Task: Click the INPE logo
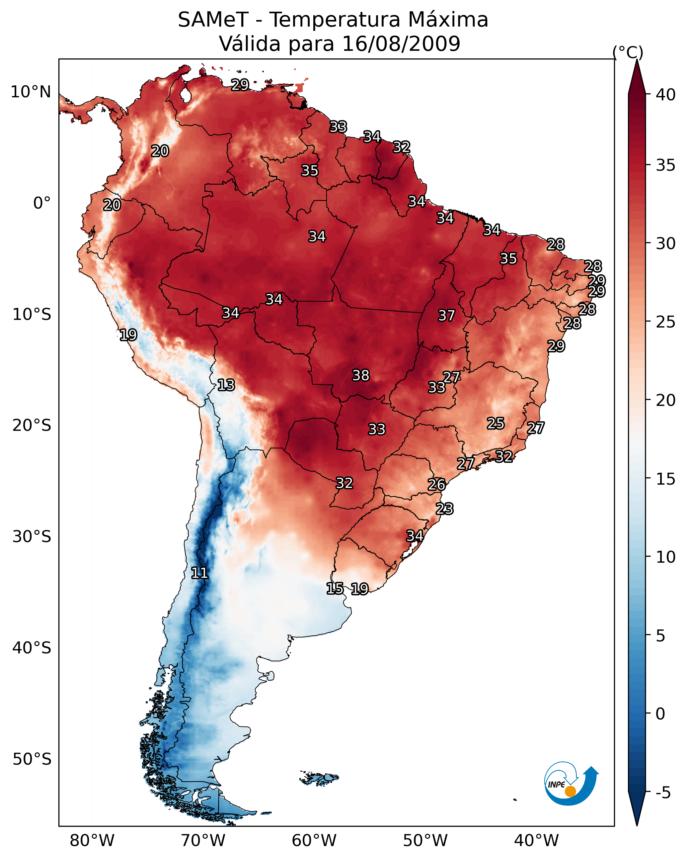point(572,784)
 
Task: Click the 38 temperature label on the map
point(361,375)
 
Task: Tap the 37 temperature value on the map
point(446,316)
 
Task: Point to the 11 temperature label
point(199,573)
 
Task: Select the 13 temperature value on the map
point(226,385)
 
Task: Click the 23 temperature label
point(444,509)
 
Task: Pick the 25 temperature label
point(496,424)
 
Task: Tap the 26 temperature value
point(437,485)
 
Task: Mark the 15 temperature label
point(335,589)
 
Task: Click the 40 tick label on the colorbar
point(666,95)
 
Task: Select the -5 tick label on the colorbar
point(663,793)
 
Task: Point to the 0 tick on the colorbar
point(660,714)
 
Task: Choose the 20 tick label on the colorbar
point(666,400)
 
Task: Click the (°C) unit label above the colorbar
point(628,52)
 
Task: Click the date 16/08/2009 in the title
point(401,44)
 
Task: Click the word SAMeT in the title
point(213,20)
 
